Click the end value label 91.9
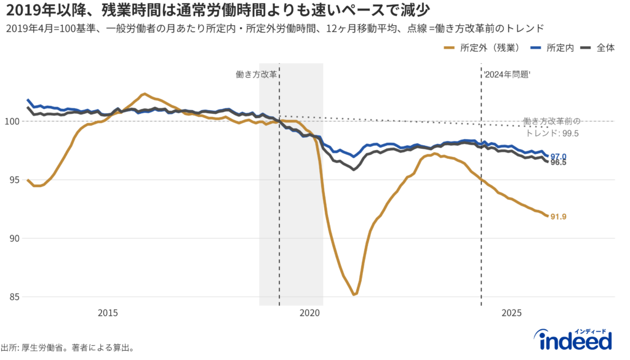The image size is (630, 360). (x=559, y=217)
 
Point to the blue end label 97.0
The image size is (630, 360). (x=559, y=156)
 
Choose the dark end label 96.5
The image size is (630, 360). (x=559, y=163)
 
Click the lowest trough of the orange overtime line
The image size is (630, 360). (x=354, y=295)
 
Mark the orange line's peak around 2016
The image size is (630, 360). (x=143, y=94)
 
